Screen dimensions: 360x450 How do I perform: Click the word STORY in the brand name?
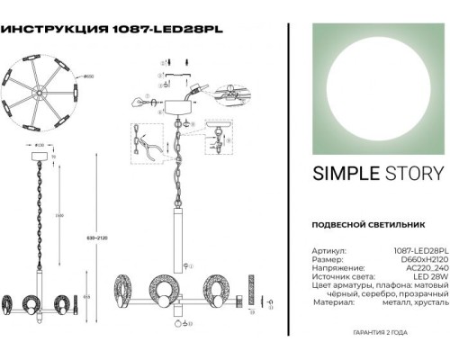point(411,173)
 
